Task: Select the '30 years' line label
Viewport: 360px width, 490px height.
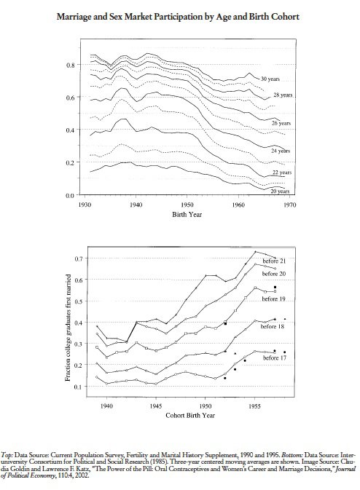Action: [x=270, y=79]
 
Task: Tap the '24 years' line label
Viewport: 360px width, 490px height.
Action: [x=281, y=151]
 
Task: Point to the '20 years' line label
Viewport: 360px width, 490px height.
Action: [x=280, y=191]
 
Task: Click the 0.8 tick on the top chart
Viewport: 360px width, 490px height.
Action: [x=71, y=65]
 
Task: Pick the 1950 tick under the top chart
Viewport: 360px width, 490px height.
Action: [x=187, y=205]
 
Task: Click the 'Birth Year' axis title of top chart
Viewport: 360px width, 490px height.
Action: [x=187, y=214]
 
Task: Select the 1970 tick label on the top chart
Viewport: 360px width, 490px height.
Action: [x=290, y=205]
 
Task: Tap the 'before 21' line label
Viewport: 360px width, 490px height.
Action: [x=274, y=261]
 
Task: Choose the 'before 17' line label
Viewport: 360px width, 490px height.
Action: [x=275, y=357]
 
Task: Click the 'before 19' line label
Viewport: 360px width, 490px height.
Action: [x=274, y=299]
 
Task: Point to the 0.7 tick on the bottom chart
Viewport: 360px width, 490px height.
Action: [x=79, y=258]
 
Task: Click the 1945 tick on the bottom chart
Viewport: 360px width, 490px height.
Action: [x=156, y=406]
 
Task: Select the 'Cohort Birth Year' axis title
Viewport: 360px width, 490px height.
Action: [x=190, y=415]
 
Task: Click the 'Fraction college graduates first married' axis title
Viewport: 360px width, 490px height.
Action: [x=68, y=328]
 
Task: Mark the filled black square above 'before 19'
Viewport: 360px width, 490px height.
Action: [x=275, y=287]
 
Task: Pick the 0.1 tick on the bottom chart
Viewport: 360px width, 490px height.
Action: [x=79, y=387]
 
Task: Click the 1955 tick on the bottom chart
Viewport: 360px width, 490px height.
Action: [x=254, y=406]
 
